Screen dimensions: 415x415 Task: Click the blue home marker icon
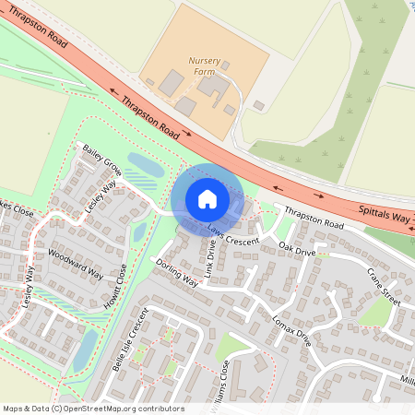click(207, 198)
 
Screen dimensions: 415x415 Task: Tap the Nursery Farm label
click(205, 65)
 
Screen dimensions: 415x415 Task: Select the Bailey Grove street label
click(102, 158)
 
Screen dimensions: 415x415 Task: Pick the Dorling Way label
click(176, 273)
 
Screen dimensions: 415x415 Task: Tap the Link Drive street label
click(211, 258)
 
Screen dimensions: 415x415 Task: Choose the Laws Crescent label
click(233, 235)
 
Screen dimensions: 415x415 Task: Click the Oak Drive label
click(297, 250)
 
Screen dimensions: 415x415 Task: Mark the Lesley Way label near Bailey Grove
click(101, 196)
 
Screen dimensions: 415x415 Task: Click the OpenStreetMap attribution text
click(92, 409)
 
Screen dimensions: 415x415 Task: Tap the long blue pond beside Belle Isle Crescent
click(83, 350)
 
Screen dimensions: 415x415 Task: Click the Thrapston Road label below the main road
click(314, 219)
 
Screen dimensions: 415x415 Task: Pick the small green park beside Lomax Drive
click(231, 346)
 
